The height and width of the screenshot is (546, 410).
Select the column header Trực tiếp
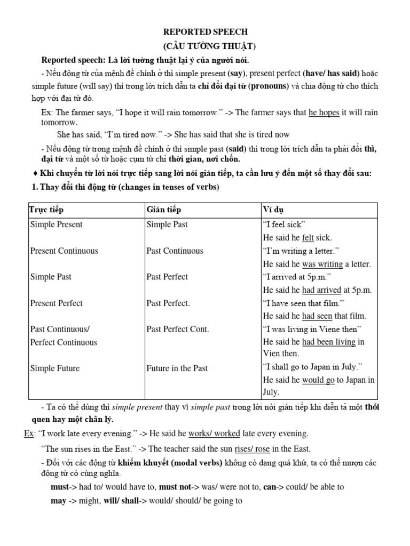(47, 210)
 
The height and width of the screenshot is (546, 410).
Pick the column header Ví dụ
(273, 210)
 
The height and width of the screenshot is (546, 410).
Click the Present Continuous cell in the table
(64, 251)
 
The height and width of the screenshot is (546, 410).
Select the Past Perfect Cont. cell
(177, 329)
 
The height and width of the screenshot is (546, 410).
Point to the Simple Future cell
(55, 368)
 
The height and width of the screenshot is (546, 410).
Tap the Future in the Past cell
(177, 368)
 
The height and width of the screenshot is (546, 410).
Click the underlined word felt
(308, 238)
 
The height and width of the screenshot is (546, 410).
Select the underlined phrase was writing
(322, 264)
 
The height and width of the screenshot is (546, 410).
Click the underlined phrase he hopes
(324, 113)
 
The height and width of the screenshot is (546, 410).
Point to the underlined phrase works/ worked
(214, 433)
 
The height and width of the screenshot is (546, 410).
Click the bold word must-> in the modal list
(60, 487)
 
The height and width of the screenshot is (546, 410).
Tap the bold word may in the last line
(58, 501)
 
